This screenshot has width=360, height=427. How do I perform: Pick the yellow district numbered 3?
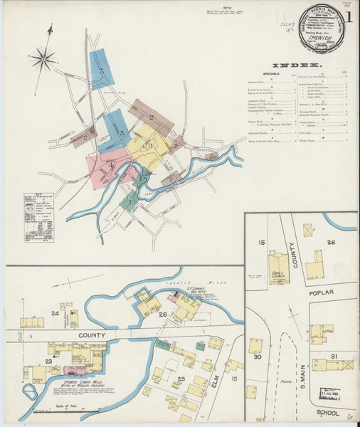[151, 143]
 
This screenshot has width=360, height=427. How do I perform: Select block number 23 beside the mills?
[49, 362]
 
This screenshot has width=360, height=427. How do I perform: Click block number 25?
[181, 379]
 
